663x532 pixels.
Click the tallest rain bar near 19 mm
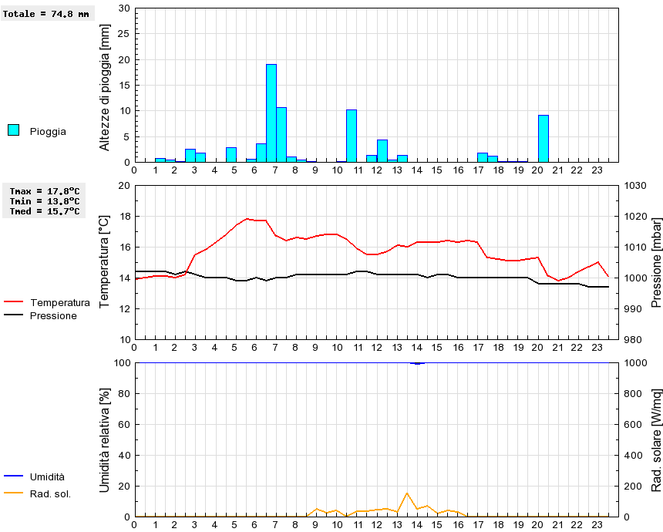point(271,113)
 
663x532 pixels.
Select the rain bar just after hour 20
point(544,139)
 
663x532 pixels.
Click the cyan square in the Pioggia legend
point(13,130)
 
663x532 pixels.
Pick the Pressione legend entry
point(53,315)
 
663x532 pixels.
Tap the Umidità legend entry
point(47,477)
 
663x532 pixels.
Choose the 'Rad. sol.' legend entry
point(50,493)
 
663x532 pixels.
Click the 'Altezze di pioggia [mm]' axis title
point(106,87)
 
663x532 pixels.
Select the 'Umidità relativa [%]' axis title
point(106,440)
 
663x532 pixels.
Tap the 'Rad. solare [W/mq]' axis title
point(657,440)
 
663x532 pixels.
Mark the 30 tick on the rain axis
point(124,8)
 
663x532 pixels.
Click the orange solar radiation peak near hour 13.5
point(406,493)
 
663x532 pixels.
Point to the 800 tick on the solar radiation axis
point(634,393)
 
